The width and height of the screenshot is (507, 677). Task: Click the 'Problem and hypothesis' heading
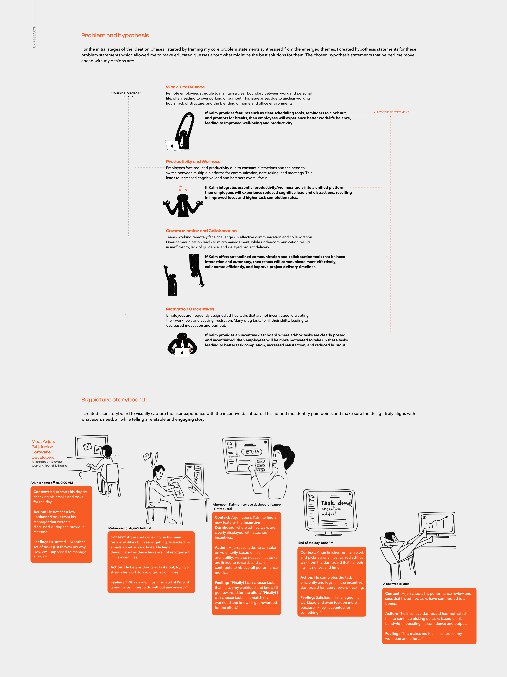pos(115,35)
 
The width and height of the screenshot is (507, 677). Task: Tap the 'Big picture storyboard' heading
pos(113,400)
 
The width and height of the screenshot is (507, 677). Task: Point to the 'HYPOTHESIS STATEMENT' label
pos(393,112)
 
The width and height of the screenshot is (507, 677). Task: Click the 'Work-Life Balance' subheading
pos(185,87)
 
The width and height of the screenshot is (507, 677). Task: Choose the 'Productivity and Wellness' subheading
pos(193,162)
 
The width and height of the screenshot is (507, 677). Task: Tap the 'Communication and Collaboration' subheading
pos(201,231)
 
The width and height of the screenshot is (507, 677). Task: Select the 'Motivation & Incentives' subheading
pos(190,309)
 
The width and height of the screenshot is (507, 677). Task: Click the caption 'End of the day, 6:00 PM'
pos(316,543)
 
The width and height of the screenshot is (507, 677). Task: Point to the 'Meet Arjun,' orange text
pos(43,442)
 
